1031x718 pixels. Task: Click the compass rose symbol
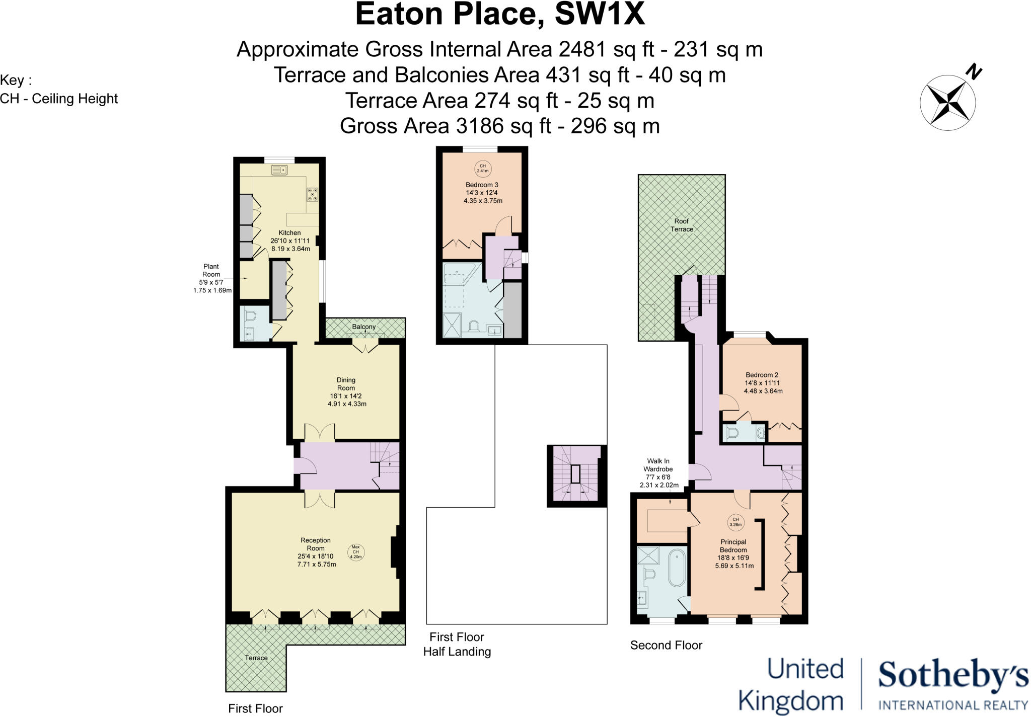(947, 103)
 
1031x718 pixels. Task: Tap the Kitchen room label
(289, 233)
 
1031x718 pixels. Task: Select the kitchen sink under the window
(279, 171)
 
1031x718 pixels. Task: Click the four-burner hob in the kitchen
(313, 194)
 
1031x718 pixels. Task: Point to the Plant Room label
(211, 270)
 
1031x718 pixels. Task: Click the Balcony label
(363, 327)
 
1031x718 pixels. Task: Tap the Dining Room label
(346, 384)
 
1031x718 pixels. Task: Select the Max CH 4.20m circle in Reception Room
(355, 552)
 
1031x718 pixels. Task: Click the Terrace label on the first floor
(256, 658)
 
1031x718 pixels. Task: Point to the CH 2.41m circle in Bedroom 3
(482, 168)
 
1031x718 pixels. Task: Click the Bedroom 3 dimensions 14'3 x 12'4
(482, 193)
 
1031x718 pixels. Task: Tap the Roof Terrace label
(682, 225)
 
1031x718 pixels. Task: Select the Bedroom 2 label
(762, 375)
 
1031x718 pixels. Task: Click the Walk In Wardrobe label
(658, 465)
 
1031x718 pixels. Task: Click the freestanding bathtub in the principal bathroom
(677, 568)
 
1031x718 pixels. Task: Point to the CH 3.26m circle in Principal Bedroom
(735, 522)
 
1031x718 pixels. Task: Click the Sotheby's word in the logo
(953, 677)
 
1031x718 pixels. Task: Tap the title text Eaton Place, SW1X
(499, 14)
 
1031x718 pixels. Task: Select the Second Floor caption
(666, 645)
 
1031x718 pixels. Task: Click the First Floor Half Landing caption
(457, 644)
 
